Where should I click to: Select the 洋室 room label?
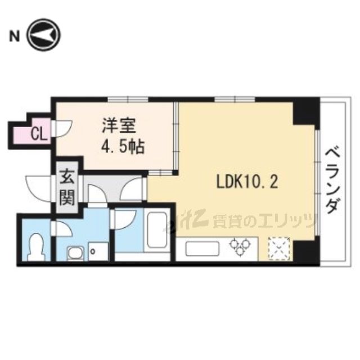click(x=119, y=124)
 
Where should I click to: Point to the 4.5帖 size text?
click(x=123, y=147)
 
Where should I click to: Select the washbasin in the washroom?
click(x=74, y=252)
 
